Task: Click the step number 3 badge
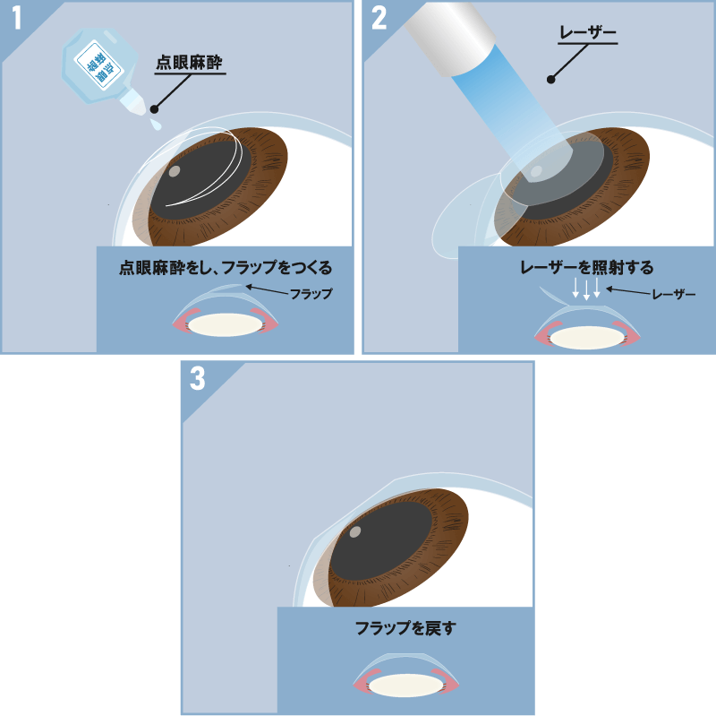click(x=198, y=379)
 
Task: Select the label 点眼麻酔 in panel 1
click(x=189, y=61)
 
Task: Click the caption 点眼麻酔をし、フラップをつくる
click(x=225, y=267)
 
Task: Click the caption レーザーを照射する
click(x=587, y=267)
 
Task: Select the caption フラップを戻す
click(x=405, y=628)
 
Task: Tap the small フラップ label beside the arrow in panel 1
click(x=311, y=294)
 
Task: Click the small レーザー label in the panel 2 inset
click(x=673, y=294)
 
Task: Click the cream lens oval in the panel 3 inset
click(x=405, y=686)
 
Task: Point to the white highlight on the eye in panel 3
click(x=354, y=532)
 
